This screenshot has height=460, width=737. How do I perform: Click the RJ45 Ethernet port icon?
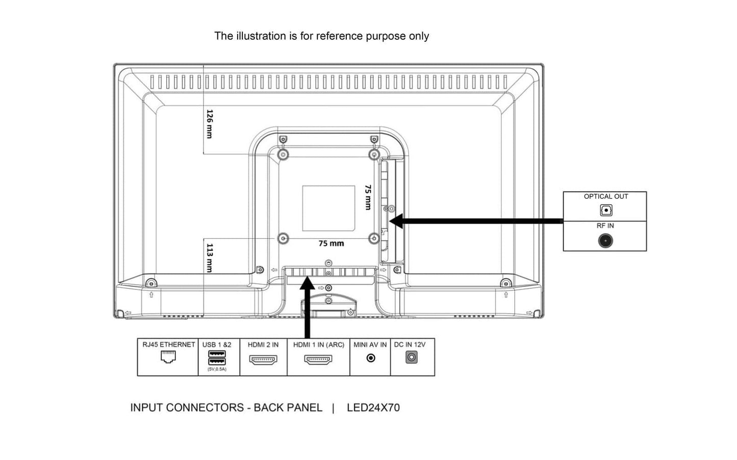[x=168, y=358]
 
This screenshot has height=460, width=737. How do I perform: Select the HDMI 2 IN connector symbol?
[x=263, y=359]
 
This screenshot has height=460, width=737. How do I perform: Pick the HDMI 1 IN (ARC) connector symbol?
[x=318, y=359]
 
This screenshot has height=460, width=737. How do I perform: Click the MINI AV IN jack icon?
[x=371, y=358]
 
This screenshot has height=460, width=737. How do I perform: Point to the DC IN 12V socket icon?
[x=411, y=358]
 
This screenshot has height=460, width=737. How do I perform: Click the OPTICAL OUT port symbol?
[x=605, y=210]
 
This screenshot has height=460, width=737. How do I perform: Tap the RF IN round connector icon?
[x=605, y=240]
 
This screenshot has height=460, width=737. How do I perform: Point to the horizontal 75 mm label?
[x=331, y=243]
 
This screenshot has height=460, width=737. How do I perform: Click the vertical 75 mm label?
[x=368, y=197]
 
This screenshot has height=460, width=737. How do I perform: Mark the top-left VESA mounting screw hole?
[x=284, y=154]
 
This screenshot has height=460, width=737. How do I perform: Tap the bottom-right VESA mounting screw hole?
[x=374, y=238]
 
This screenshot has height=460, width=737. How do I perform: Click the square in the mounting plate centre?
[x=328, y=208]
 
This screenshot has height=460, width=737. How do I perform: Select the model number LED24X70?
[x=373, y=408]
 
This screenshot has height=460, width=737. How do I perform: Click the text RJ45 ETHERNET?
[x=168, y=344]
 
